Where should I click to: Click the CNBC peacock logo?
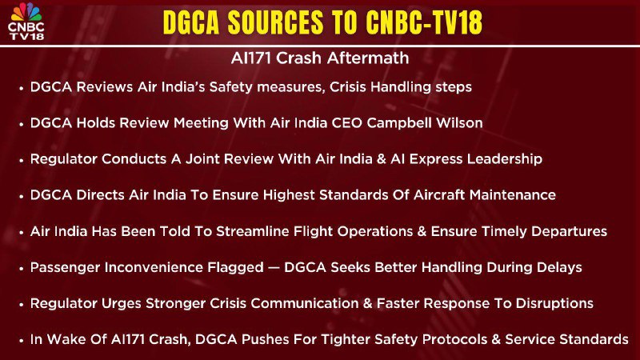pos(26,12)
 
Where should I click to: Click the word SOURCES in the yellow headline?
pos(275,22)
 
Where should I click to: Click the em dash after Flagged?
pos(274,268)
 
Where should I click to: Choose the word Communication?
pos(304,303)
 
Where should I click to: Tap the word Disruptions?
pos(554,303)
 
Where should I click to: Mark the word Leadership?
pos(505,158)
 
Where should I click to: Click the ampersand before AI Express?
pos(382,158)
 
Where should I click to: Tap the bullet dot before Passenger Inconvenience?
pos(22,269)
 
